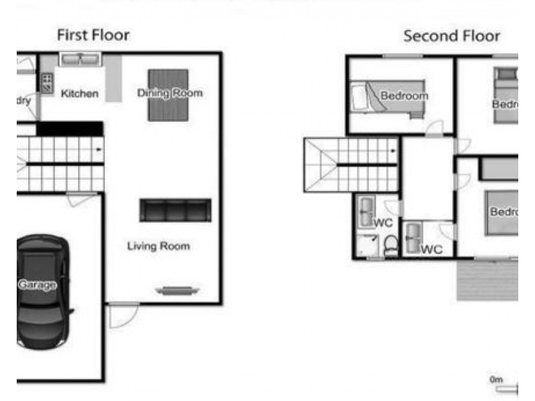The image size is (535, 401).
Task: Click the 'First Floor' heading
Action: tap(93, 35)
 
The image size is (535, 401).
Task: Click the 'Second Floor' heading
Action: tap(451, 36)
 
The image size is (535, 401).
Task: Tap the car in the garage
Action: tap(42, 291)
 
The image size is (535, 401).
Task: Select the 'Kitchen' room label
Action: tap(80, 94)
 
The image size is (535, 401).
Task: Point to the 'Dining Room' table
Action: tap(168, 94)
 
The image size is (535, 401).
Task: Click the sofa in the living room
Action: tap(175, 210)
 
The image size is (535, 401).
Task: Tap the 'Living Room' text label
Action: tap(158, 246)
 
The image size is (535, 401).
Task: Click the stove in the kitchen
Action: tap(47, 82)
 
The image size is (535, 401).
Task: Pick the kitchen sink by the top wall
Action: tap(80, 59)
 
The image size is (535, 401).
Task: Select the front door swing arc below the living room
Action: tap(123, 315)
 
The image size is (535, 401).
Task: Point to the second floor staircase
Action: tap(351, 164)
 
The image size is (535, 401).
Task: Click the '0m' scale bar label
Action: tap(496, 380)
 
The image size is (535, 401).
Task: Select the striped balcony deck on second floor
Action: tap(487, 280)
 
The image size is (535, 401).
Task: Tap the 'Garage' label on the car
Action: tap(37, 285)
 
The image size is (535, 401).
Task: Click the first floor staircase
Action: tap(60, 164)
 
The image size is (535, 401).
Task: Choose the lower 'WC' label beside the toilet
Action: tap(432, 249)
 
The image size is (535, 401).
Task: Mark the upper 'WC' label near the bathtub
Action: tap(383, 223)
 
